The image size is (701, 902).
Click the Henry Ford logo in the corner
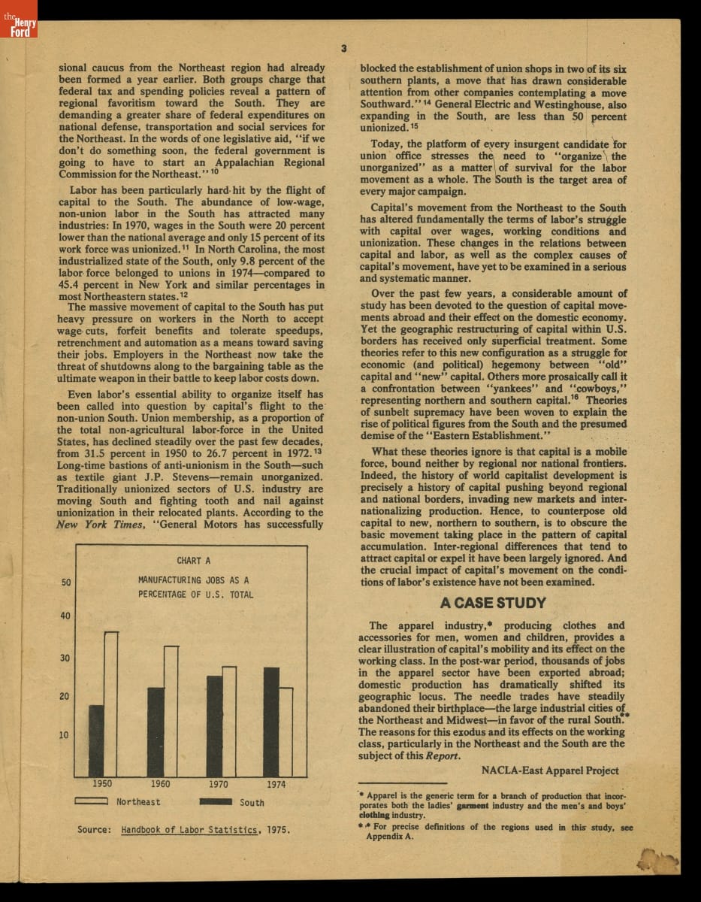[x=18, y=27]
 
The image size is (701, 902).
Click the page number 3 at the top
[x=343, y=49]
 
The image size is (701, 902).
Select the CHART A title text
[x=194, y=561]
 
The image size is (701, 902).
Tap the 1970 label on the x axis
[x=218, y=784]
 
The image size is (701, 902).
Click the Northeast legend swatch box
[x=92, y=801]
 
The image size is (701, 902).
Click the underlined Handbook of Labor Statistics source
[x=190, y=830]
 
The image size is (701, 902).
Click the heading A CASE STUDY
[x=493, y=603]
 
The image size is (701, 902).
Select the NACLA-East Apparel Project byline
[x=550, y=770]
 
